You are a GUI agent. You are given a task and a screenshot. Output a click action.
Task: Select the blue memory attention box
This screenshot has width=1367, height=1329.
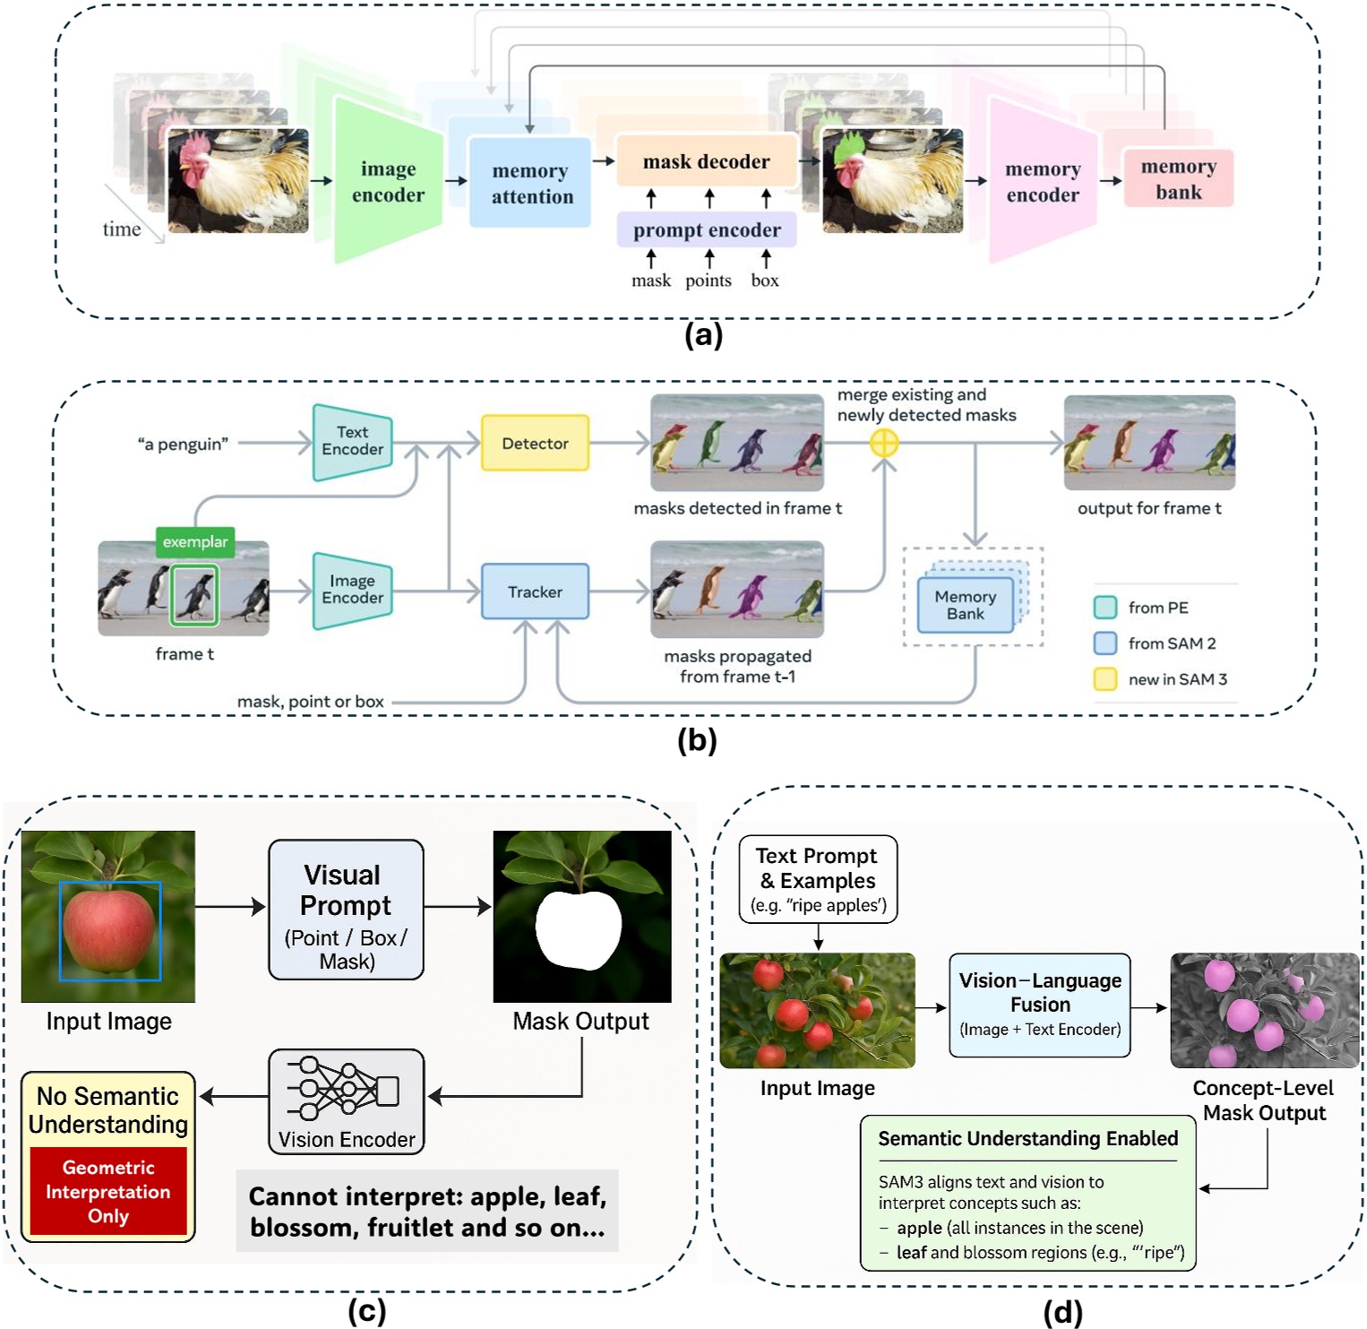point(530,183)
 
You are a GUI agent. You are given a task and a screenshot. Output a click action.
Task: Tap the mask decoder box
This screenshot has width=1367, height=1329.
point(706,161)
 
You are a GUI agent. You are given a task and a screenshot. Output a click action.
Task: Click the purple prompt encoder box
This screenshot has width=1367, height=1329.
point(706,230)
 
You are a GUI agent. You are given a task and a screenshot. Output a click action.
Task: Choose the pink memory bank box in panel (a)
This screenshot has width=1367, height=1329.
point(1178,179)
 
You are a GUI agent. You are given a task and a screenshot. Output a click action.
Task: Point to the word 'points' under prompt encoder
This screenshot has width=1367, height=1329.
point(709,280)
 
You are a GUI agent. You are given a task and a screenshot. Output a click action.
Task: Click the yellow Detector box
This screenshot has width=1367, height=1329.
point(535,443)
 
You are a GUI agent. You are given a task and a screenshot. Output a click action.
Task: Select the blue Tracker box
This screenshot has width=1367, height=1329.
point(535,591)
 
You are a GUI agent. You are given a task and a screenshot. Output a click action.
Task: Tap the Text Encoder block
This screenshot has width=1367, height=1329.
point(352,441)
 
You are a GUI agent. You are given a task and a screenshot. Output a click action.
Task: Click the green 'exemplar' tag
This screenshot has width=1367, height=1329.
point(194,541)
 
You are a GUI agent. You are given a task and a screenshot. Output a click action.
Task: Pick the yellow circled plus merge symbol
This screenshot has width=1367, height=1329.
point(884,443)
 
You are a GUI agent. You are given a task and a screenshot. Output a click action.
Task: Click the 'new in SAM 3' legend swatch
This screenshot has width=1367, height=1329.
point(1105,678)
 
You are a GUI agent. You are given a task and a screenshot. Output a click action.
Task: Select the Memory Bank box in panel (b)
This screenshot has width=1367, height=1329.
point(965,605)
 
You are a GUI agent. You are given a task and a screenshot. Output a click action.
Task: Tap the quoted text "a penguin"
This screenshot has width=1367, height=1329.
point(183,444)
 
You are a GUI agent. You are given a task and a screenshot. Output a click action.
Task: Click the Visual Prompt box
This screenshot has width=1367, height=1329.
point(346,909)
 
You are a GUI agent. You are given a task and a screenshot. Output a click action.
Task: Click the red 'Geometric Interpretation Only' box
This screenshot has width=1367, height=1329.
point(108,1191)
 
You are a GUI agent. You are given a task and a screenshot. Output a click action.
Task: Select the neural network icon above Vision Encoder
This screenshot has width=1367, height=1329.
point(343,1090)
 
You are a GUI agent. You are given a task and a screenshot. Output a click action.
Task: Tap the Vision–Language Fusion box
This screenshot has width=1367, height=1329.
point(1039,1005)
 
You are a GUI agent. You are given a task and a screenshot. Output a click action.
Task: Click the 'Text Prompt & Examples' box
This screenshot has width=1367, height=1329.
point(817,879)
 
